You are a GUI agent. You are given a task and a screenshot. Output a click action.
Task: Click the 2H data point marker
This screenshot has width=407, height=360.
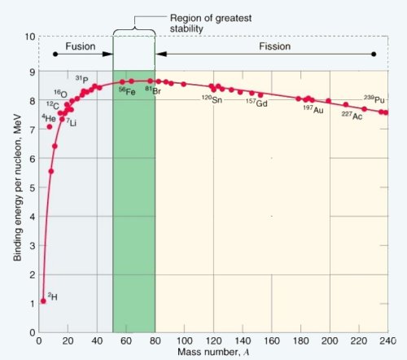coord(43,301)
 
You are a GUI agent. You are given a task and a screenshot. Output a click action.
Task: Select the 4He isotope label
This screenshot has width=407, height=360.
coord(49,118)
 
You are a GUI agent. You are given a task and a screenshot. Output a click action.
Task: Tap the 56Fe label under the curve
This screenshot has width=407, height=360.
coord(127,91)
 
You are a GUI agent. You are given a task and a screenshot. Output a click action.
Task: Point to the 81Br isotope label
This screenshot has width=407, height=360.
coord(153,90)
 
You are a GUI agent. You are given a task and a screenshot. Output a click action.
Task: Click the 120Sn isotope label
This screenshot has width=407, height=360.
coord(212,99)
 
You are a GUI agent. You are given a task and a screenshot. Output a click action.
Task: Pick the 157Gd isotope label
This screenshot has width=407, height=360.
coord(256,103)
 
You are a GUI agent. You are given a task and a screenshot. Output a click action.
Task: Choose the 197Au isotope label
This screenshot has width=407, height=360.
coord(313,109)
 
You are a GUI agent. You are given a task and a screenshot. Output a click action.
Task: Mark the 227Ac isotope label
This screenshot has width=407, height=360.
coord(352,116)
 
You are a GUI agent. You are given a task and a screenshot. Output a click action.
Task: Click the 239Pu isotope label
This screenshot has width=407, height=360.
coord(374,99)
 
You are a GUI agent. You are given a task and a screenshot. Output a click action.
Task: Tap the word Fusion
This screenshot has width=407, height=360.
coord(81,46)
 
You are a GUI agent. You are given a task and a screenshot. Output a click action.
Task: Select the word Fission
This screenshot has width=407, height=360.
coord(274,46)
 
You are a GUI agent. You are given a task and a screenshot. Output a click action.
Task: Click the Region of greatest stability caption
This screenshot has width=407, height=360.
coord(211,24)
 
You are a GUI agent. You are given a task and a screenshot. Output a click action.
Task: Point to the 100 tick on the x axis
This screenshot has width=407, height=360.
coord(184,340)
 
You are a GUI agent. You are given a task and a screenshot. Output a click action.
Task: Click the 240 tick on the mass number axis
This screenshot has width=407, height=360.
coord(387,340)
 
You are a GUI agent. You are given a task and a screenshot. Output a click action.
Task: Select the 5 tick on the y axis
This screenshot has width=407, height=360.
coord(33,187)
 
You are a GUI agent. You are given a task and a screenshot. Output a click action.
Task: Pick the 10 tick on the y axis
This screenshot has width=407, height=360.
coord(30,37)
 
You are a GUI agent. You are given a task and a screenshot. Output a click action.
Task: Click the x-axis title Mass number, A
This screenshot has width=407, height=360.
coord(213,352)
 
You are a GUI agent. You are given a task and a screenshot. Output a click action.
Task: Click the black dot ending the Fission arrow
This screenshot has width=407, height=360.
coord(374,54)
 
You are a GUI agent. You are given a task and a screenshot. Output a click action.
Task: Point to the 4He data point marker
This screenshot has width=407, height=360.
coord(50,127)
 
